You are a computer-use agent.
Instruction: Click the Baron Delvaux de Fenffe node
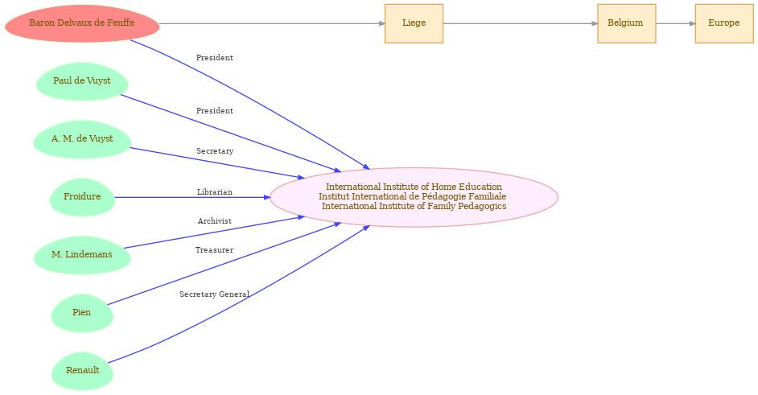click(x=82, y=23)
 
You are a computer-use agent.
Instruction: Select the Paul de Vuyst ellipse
click(x=82, y=81)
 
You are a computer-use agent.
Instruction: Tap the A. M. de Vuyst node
click(x=82, y=139)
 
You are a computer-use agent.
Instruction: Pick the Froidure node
click(x=82, y=197)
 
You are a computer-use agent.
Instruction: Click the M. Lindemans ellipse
click(x=82, y=255)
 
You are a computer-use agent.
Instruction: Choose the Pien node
click(x=82, y=313)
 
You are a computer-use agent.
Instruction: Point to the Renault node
click(x=82, y=372)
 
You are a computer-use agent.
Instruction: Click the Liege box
click(x=414, y=23)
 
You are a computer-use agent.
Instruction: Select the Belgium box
click(x=627, y=23)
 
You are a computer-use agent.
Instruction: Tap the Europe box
click(x=724, y=23)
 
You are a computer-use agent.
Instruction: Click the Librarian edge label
click(x=215, y=192)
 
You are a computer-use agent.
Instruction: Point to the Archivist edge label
click(x=215, y=221)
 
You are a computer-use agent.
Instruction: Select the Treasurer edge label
click(x=215, y=250)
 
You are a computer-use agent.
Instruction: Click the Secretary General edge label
click(x=215, y=294)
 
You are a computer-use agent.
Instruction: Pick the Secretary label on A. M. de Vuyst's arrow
click(x=215, y=151)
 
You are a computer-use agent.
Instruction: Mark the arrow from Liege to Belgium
click(x=520, y=23)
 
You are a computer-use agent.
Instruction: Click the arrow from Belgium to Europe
click(x=675, y=23)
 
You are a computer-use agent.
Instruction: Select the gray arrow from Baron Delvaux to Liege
click(x=272, y=23)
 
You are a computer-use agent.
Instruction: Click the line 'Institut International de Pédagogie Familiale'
click(x=412, y=197)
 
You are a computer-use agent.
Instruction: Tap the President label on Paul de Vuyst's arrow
click(x=215, y=111)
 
